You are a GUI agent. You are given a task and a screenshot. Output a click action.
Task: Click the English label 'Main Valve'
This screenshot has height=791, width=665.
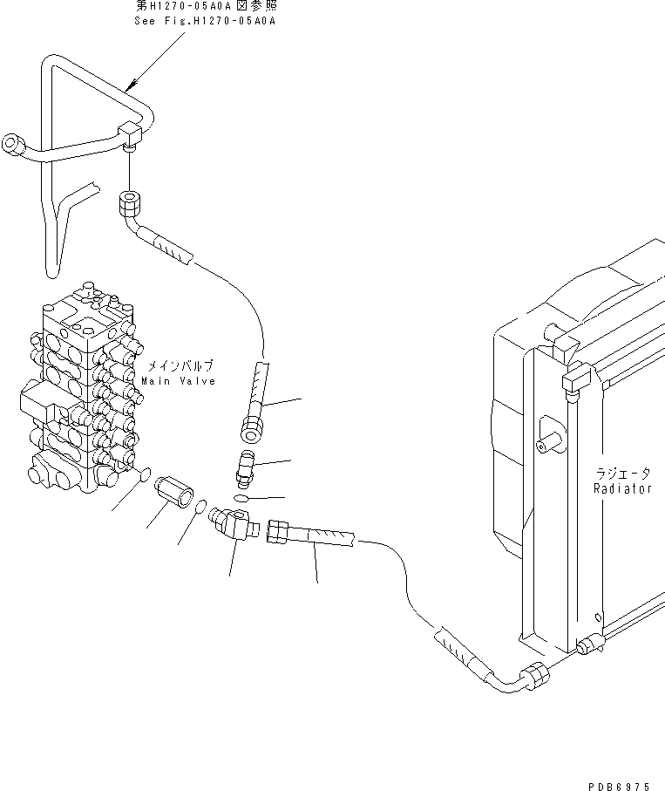180,380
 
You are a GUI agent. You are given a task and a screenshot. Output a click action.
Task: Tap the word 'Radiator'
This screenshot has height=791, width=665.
622,489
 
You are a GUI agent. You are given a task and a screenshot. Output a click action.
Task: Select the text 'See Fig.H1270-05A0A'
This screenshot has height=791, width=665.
205,20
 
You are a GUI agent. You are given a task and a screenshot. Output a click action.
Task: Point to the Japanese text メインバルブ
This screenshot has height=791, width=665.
180,365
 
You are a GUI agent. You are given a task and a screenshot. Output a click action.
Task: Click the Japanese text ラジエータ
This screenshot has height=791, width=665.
622,474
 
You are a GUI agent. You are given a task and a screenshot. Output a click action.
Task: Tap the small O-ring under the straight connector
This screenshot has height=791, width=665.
241,497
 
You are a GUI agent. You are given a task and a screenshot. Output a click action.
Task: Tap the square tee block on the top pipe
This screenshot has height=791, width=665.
132,133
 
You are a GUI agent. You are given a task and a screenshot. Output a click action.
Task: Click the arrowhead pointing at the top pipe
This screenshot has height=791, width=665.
128,86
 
